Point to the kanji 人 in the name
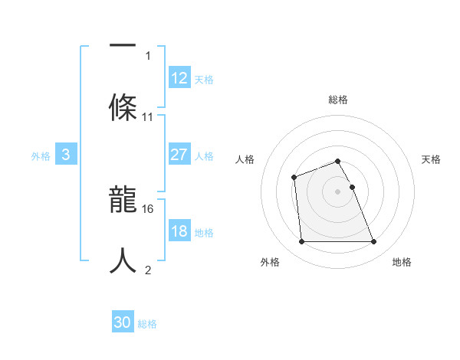pyautogui.click(x=123, y=260)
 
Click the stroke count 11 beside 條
pyautogui.click(x=148, y=117)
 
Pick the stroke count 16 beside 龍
pyautogui.click(x=148, y=208)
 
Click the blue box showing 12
pyautogui.click(x=179, y=78)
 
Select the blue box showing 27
pyautogui.click(x=179, y=155)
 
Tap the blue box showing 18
pyautogui.click(x=179, y=231)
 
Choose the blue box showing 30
pyautogui.click(x=123, y=322)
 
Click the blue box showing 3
pyautogui.click(x=66, y=155)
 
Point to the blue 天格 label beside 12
pyautogui.click(x=204, y=80)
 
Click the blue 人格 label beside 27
pyautogui.click(x=204, y=156)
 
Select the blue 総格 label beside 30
pyautogui.click(x=147, y=324)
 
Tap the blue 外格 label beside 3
pyautogui.click(x=41, y=156)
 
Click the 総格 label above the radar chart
pyautogui.click(x=338, y=100)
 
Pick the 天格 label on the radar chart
pyautogui.click(x=432, y=159)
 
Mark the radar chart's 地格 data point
pyautogui.click(x=373, y=242)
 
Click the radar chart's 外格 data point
pyautogui.click(x=301, y=242)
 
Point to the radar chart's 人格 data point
pyautogui.click(x=294, y=178)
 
